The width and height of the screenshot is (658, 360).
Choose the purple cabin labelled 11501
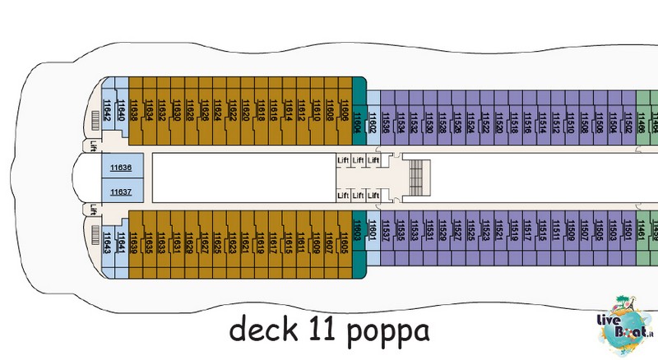tap(627, 234)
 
